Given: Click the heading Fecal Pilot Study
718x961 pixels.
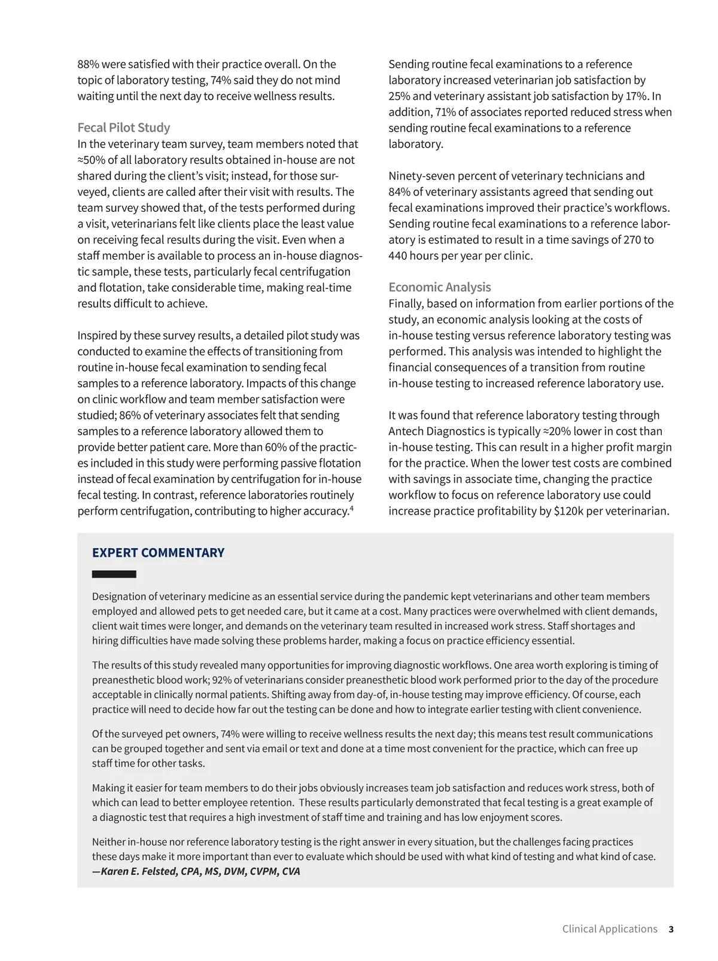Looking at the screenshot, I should point(124,127).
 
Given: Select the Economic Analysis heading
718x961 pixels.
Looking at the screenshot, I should point(440,287).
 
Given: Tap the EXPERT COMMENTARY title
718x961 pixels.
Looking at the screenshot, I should point(158,553).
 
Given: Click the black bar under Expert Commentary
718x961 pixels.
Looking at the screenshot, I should point(114,574).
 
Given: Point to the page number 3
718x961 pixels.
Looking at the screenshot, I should point(671,929).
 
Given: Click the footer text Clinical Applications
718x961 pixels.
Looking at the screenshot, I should point(609,929).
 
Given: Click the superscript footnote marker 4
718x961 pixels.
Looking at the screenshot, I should point(352,508).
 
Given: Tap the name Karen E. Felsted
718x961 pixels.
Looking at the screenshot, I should point(139,871).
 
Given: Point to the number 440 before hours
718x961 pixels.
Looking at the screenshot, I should point(398,256).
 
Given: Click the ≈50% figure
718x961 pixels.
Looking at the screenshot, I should point(91,160).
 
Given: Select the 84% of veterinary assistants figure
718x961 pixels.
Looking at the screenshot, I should point(399,192).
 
